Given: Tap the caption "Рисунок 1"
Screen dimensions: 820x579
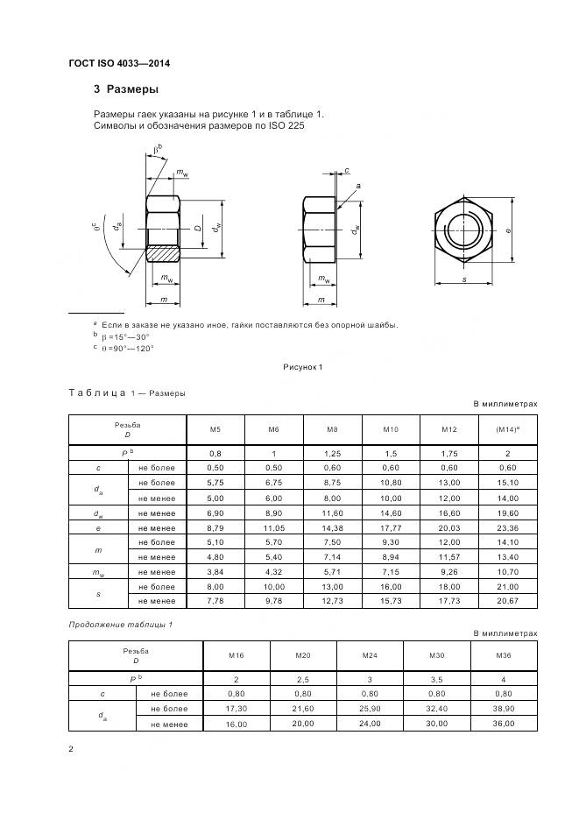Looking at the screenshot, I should coord(303,367).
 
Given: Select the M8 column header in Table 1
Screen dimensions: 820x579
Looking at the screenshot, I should coord(332,430).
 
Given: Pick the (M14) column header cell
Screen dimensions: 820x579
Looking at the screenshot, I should coord(507,430).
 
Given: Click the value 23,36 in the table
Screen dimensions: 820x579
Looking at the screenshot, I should coord(507,527).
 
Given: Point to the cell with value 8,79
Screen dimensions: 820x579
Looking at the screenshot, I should coord(215,527).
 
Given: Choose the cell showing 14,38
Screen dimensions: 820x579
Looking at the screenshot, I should coord(332,527).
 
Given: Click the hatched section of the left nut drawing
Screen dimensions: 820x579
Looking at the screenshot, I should coord(163,254).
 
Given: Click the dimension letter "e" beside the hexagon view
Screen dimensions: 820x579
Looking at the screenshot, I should coord(509,230).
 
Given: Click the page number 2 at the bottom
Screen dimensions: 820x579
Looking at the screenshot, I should coord(71,749).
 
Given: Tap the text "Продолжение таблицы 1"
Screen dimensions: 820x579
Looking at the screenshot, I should coord(120,623).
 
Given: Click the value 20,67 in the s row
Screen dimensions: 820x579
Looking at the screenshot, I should coord(507,600).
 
